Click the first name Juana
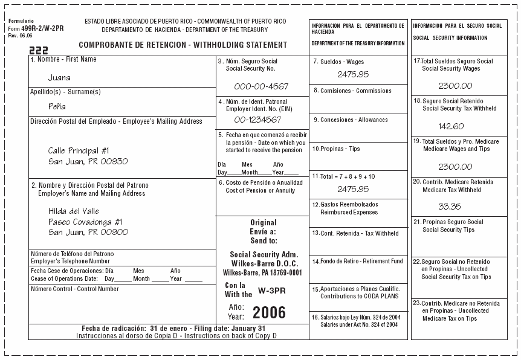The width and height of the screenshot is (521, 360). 59,77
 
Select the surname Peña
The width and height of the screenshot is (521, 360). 57,106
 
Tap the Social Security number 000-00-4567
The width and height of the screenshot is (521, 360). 261,86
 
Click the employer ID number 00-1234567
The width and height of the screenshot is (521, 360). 257,120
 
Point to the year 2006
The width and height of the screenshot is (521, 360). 269,312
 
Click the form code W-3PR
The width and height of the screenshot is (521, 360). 271,290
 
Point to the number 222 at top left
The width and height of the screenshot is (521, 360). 38,51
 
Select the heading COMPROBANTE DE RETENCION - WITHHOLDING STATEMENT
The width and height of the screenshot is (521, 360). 183,45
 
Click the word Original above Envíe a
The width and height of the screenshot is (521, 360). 263,223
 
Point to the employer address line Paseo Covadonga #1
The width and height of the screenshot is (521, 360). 85,222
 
